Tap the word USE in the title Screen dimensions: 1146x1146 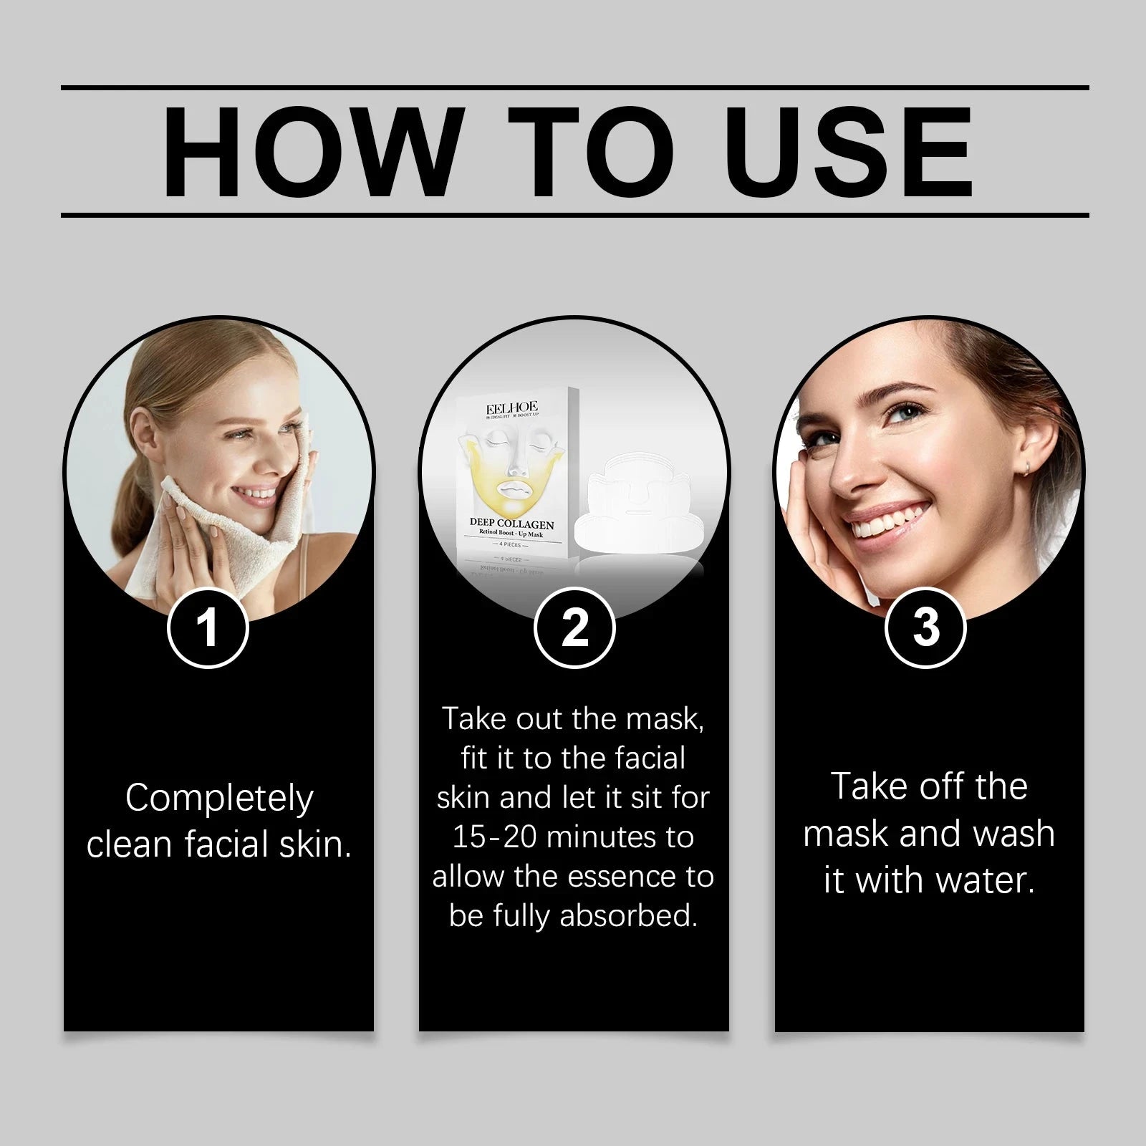point(852,152)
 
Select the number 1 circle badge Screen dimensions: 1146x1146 point(208,628)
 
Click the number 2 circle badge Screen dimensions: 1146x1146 point(574,628)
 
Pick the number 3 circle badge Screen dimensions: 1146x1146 point(925,628)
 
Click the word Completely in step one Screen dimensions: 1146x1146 point(219,798)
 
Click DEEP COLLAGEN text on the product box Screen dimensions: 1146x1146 point(511,524)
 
